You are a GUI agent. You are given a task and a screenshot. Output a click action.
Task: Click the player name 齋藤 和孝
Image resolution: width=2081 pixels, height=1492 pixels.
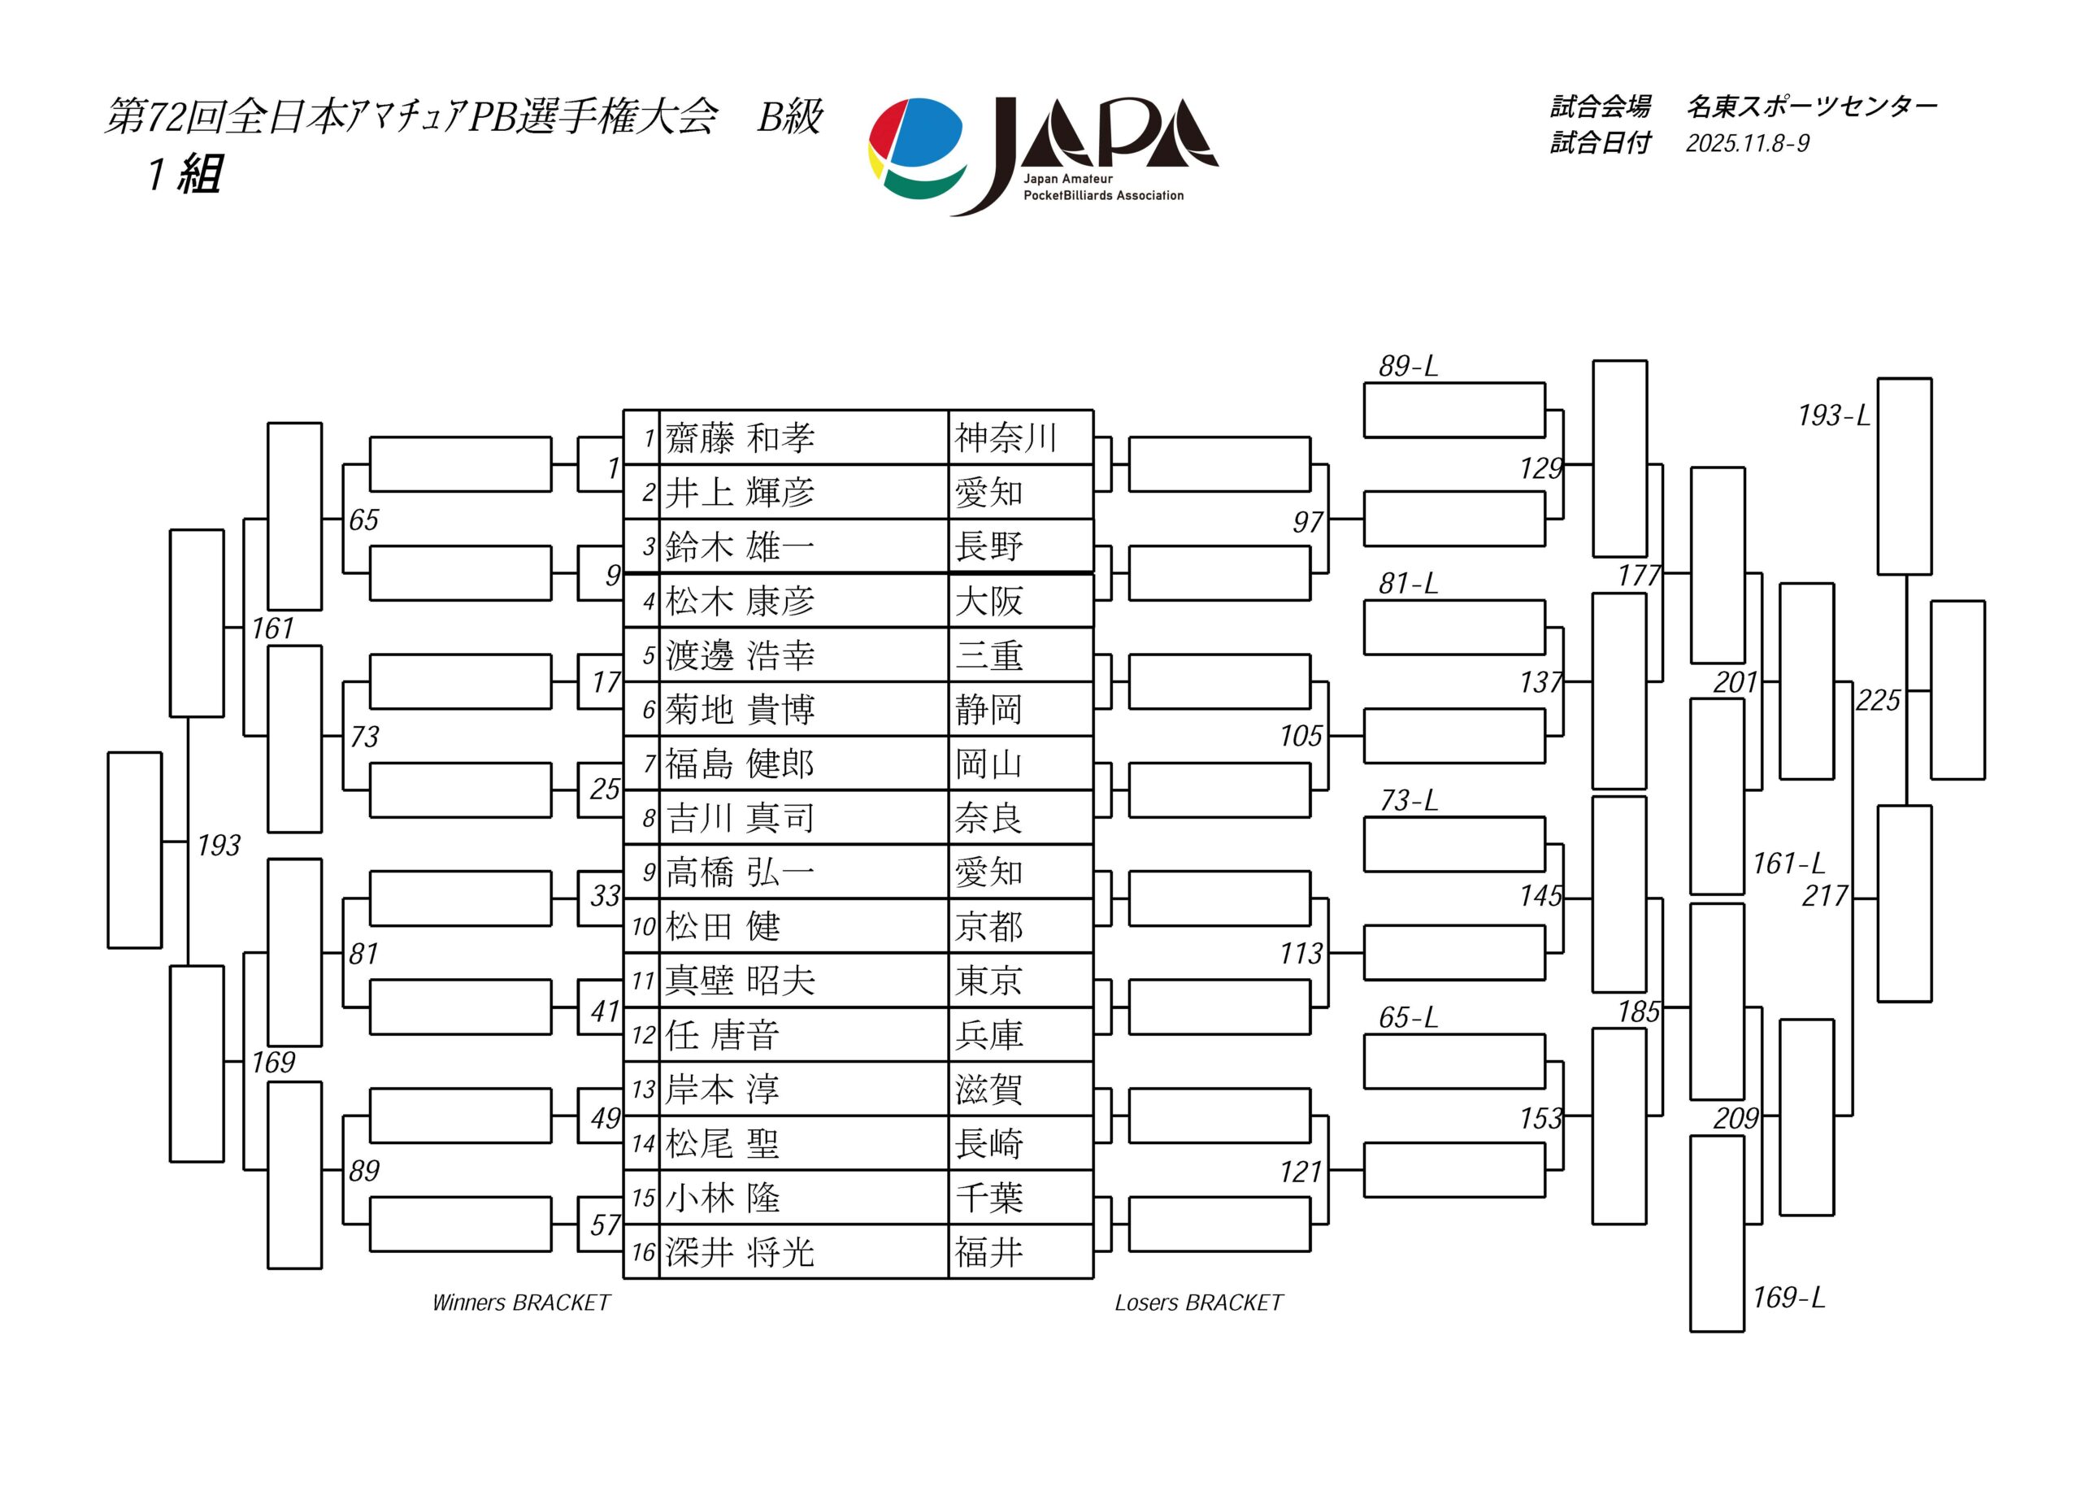(740, 437)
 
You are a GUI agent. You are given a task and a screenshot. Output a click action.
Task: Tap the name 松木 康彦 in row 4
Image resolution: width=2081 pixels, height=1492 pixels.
(740, 601)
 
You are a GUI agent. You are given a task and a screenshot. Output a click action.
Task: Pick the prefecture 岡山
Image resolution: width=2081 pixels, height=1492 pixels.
(988, 763)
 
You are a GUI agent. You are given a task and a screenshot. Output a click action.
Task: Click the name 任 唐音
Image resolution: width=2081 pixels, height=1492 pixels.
(722, 1035)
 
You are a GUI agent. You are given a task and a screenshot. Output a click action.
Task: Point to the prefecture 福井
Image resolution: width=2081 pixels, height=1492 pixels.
(988, 1252)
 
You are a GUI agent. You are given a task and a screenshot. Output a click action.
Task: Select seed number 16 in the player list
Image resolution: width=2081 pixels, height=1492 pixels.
(643, 1252)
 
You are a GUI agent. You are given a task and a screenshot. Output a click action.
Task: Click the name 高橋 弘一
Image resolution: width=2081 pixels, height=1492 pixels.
(740, 872)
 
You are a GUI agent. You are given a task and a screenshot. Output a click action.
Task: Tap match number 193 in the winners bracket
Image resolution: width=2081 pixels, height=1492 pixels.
(219, 845)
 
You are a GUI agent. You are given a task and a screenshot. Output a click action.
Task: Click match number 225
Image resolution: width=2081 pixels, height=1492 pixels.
(1877, 701)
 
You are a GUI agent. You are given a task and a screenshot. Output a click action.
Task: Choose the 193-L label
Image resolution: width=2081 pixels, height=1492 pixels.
(1833, 415)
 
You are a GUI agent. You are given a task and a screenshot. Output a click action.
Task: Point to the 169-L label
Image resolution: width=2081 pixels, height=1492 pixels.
(1788, 1298)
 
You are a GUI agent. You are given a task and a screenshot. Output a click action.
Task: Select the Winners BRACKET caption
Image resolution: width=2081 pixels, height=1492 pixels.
(521, 1303)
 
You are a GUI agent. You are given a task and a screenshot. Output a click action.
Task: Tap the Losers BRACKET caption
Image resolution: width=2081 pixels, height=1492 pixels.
(1198, 1303)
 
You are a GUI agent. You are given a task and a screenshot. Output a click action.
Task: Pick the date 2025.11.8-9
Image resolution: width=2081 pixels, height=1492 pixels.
(1747, 143)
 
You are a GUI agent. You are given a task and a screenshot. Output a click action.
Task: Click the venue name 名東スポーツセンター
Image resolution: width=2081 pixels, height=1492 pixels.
(1811, 107)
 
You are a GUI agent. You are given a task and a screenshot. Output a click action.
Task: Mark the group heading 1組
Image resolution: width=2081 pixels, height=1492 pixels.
(185, 172)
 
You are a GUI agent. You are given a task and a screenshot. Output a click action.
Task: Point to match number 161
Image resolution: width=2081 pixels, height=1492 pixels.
(272, 629)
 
